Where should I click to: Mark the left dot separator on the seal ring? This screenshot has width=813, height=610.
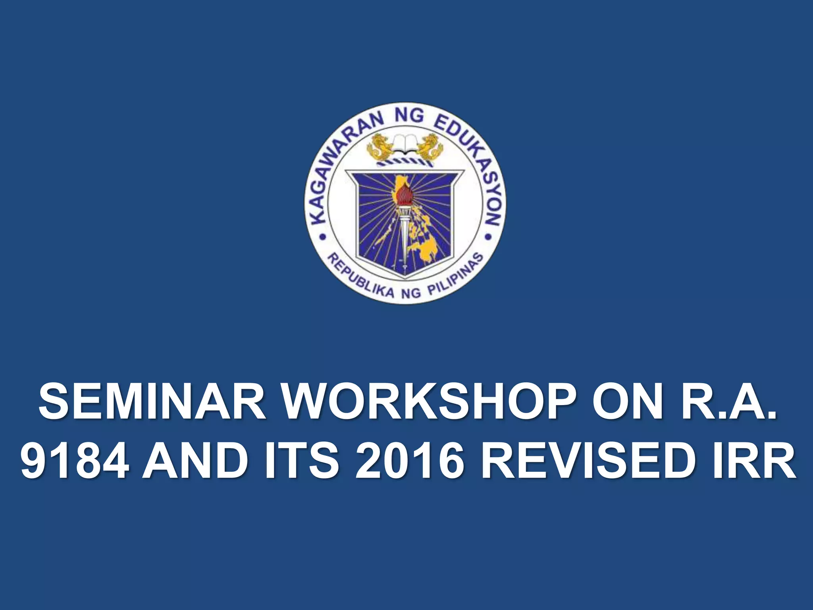322,237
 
